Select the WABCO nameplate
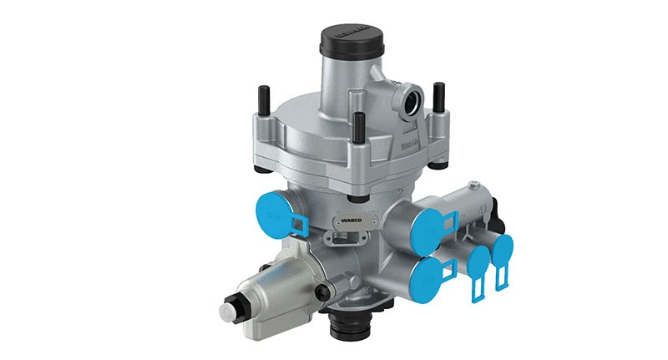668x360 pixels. [x=348, y=222]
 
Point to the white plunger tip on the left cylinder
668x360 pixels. [x=227, y=312]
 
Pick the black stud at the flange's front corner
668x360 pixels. [x=357, y=126]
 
